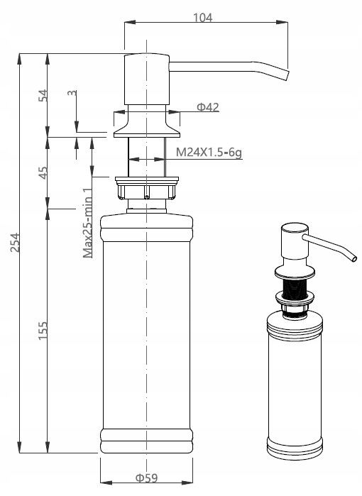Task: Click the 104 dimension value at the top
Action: (x=202, y=18)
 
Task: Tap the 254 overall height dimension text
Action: (x=15, y=242)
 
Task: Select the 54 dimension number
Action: (x=43, y=95)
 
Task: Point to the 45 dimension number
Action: (x=43, y=172)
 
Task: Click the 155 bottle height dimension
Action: (x=43, y=331)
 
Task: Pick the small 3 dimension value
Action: (x=72, y=93)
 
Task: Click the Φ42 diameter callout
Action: (x=207, y=107)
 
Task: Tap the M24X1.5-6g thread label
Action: (x=209, y=153)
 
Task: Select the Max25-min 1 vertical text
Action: (x=87, y=222)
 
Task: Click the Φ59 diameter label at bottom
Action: (x=146, y=478)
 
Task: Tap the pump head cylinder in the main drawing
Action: (x=146, y=79)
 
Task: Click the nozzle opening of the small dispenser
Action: (x=353, y=259)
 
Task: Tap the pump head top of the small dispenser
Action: (x=295, y=228)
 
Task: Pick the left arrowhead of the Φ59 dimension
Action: (x=106, y=483)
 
